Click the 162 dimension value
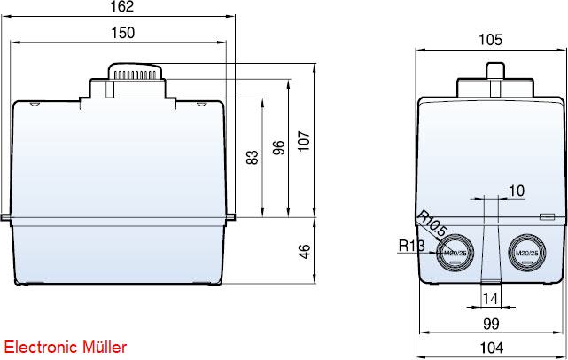click(122, 6)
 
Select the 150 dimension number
click(123, 33)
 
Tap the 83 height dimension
click(253, 157)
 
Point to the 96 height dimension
click(278, 148)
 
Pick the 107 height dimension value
click(304, 141)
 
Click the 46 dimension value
click(305, 252)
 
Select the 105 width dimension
click(491, 40)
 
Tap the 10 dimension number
click(517, 191)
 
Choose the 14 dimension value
click(491, 299)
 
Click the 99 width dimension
click(491, 324)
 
